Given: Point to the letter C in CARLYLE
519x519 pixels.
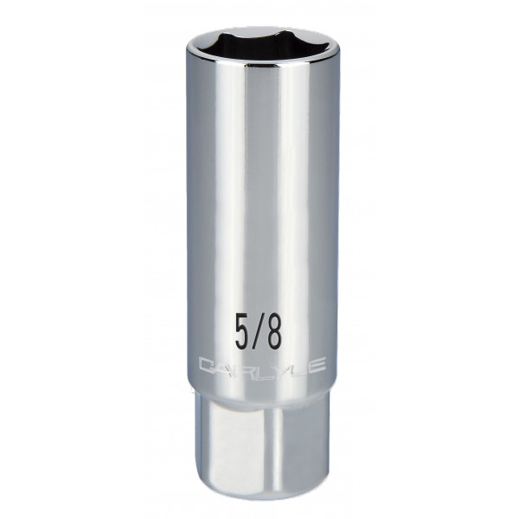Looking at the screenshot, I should click(x=207, y=367).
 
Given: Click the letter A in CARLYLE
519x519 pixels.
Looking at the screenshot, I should click(x=222, y=367).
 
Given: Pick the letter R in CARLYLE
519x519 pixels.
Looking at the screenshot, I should click(x=239, y=367).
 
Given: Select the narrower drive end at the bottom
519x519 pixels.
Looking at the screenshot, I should click(x=261, y=450).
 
